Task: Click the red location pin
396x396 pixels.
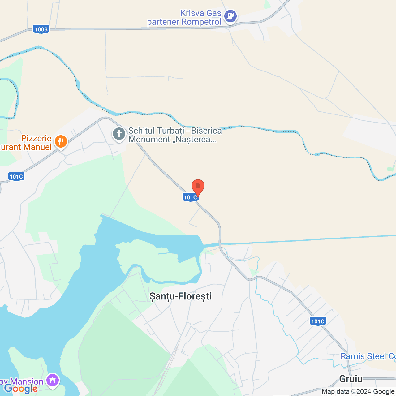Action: (198, 187)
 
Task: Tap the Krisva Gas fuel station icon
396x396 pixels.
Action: (230, 16)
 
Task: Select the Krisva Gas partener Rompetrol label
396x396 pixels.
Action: (184, 18)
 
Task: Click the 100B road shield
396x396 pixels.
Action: (41, 29)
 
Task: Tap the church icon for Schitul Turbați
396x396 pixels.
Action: (119, 134)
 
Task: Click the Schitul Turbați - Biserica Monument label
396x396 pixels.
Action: (175, 135)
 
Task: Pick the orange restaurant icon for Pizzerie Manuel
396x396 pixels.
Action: (61, 142)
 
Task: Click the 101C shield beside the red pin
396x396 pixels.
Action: (190, 197)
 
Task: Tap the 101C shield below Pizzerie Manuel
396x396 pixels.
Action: (16, 177)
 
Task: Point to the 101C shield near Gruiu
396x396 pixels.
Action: (318, 321)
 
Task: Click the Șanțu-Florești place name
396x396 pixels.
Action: (180, 296)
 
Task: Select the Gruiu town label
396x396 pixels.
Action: (351, 379)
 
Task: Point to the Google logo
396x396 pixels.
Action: (21, 389)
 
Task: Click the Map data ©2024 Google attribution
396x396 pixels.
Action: (358, 392)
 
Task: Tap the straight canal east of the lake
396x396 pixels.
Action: (309, 240)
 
